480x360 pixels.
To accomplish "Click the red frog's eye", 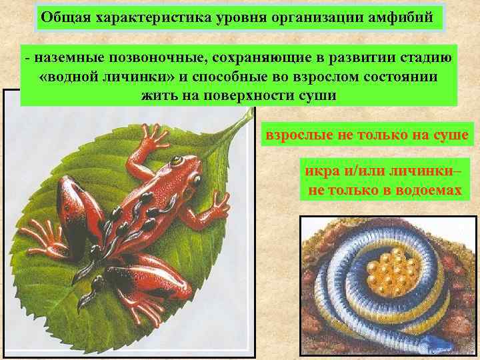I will click(176, 161).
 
